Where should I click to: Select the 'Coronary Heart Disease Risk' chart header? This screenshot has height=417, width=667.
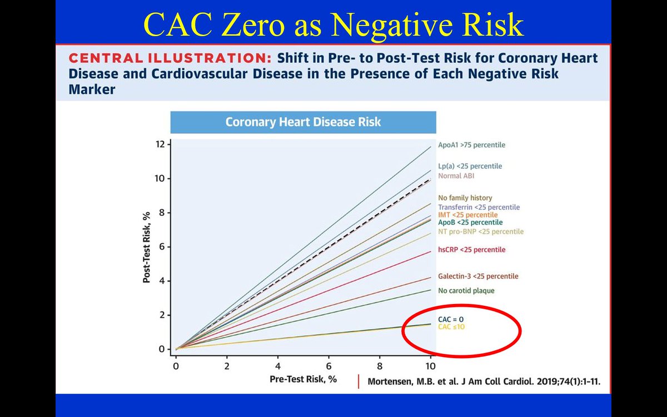(x=303, y=122)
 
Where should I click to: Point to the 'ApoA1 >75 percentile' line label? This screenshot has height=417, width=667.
(x=471, y=145)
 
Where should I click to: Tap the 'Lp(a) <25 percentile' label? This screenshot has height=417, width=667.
(x=470, y=166)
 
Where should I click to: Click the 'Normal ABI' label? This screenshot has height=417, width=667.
(x=456, y=176)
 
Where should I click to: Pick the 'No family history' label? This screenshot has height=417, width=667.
(x=465, y=198)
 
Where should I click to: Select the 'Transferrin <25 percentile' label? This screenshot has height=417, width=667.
(x=479, y=207)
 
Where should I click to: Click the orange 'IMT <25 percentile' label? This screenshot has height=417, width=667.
(x=467, y=215)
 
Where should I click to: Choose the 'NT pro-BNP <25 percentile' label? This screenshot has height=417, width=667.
(x=480, y=231)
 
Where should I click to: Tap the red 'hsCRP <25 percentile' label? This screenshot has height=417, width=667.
(x=471, y=250)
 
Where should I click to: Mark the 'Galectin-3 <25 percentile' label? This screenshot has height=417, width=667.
(x=478, y=276)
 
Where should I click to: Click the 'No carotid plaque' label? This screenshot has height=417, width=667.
(x=466, y=290)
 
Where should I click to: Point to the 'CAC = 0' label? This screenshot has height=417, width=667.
(x=451, y=319)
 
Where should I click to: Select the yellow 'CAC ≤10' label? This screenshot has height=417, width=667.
(x=451, y=327)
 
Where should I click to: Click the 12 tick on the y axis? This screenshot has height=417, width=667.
(x=161, y=145)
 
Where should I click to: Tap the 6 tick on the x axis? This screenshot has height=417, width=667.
(x=328, y=367)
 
